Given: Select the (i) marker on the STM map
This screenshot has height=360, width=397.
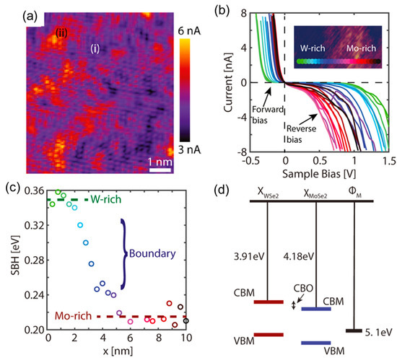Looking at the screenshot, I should point(95,48).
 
